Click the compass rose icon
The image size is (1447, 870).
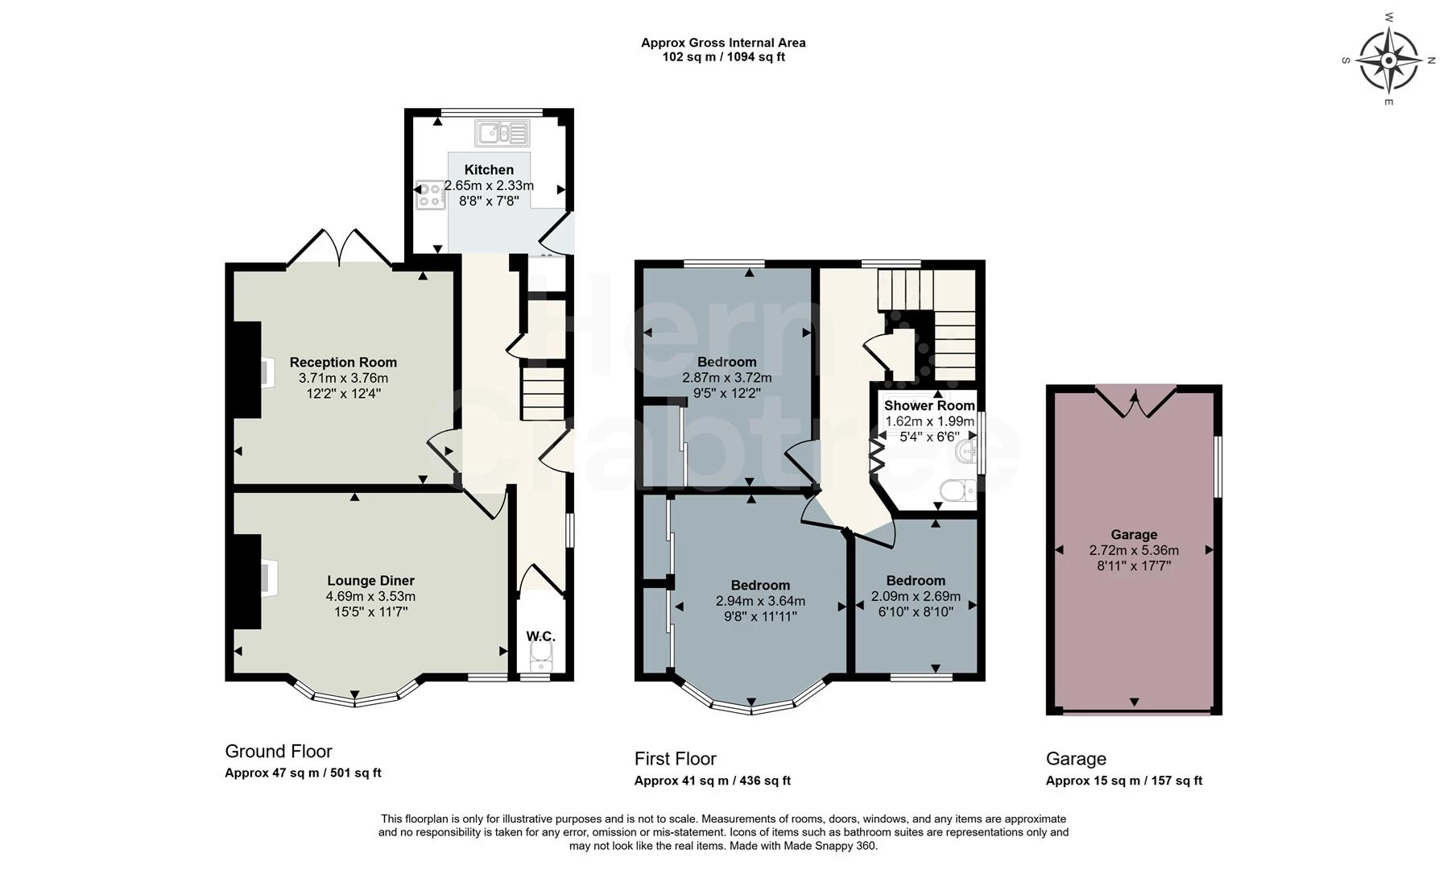coord(1388,60)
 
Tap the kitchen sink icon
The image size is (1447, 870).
coord(502,133)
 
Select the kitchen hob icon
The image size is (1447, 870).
coord(430,194)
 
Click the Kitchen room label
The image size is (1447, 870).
coord(489,170)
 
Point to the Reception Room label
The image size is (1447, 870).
coord(343,362)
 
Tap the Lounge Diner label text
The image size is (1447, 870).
coord(370,581)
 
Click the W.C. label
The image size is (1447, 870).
coord(540,636)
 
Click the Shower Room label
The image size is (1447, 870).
coord(929,405)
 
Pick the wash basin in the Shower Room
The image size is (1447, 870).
coord(965,454)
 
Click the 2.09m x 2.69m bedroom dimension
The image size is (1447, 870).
coord(916,597)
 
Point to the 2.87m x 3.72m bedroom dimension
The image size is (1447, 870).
coord(726,378)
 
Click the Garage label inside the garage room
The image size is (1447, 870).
coord(1134,535)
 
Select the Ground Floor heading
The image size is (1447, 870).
coord(278,752)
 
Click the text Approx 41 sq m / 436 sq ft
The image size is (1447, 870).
coord(712,781)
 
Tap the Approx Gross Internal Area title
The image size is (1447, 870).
coord(723,43)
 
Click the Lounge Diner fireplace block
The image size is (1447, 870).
coord(247,581)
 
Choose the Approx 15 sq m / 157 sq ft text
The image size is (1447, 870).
coord(1123,781)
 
